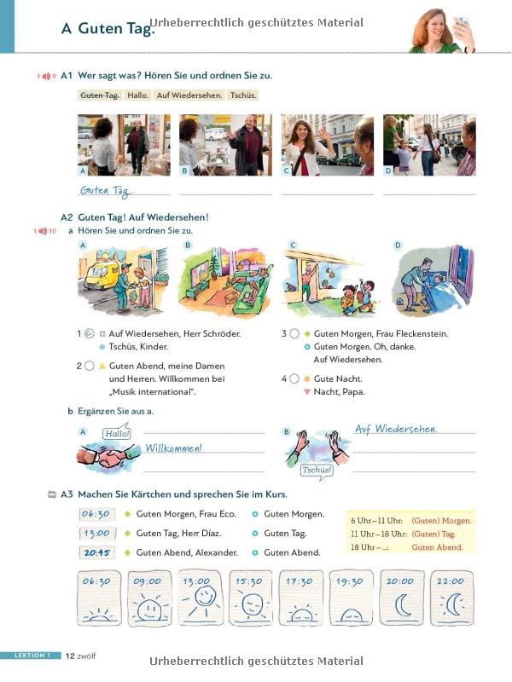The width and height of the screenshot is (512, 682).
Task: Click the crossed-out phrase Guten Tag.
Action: click(100, 95)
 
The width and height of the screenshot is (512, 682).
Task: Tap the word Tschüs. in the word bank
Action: click(244, 95)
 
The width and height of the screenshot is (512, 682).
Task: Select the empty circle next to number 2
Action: click(90, 366)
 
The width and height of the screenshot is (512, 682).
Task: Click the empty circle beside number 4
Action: click(294, 379)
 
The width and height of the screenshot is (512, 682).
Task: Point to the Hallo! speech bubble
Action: click(117, 433)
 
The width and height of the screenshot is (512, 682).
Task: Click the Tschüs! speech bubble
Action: click(317, 471)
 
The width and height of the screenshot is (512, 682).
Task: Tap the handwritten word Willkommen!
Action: click(173, 448)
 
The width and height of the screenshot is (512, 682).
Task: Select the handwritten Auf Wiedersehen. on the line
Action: click(396, 430)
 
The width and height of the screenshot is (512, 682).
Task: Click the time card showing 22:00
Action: click(451, 598)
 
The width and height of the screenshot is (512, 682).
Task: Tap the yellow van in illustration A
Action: click(101, 275)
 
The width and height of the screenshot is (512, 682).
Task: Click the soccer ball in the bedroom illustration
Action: click(399, 301)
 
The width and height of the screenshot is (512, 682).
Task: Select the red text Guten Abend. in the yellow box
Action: click(437, 547)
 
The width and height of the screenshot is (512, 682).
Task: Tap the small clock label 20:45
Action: click(97, 552)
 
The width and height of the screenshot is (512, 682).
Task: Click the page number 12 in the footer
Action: click(70, 656)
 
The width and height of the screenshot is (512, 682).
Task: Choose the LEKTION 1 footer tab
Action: click(32, 656)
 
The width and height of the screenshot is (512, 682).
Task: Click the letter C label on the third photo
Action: click(287, 171)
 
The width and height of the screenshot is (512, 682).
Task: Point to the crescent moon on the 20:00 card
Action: click(402, 605)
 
